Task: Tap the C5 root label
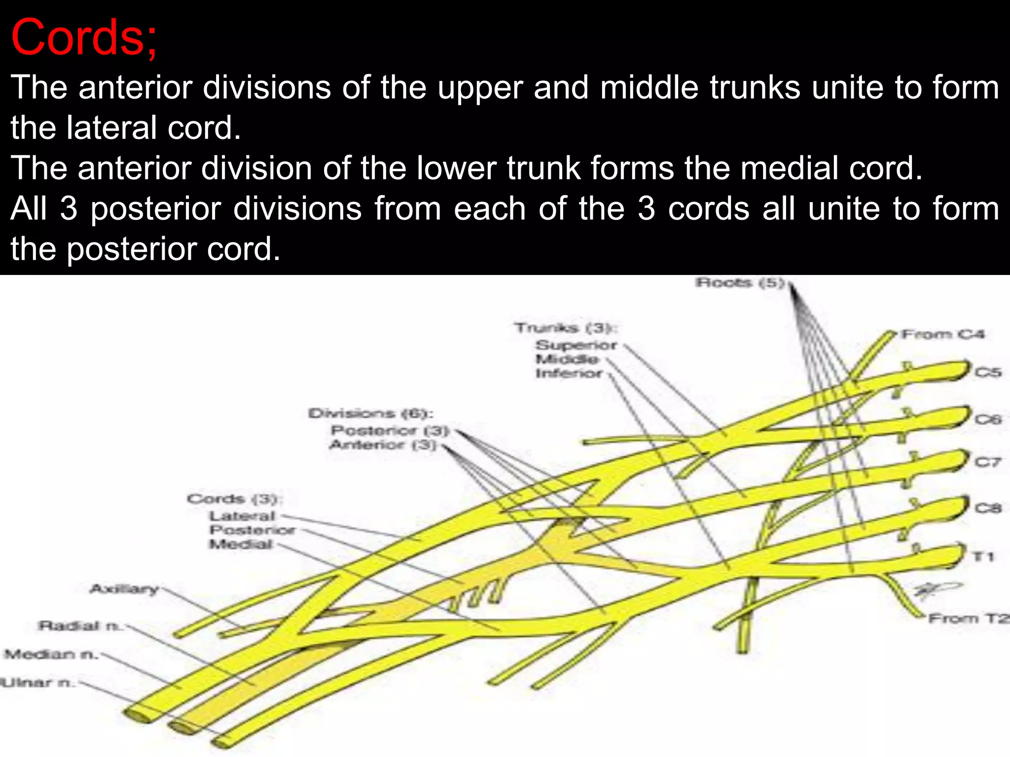[988, 372]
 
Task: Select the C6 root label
[988, 419]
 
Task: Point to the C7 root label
[988, 462]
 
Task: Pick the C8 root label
[988, 508]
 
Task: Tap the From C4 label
[942, 335]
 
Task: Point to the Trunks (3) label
[565, 328]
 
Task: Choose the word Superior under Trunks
[576, 345]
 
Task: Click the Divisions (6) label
[370, 413]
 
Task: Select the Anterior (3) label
[382, 445]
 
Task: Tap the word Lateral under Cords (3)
[242, 516]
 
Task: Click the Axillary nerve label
[124, 588]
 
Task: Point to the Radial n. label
[79, 626]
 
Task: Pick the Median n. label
[51, 654]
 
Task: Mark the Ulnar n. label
[37, 683]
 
